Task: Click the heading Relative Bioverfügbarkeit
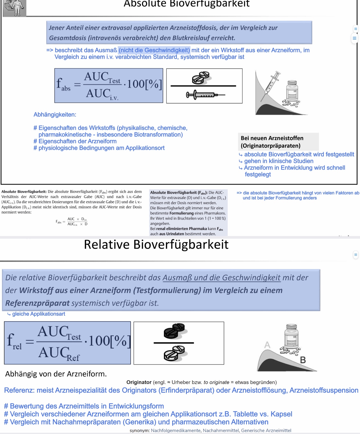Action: (x=156, y=244)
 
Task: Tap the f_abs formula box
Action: (x=108, y=86)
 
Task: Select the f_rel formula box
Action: (x=67, y=343)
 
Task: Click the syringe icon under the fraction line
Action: (x=205, y=95)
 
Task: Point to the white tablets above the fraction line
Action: (x=201, y=78)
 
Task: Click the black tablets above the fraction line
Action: (x=174, y=331)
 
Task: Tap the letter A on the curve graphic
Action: (x=267, y=345)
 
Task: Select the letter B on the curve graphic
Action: (x=303, y=360)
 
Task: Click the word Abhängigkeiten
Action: (x=55, y=115)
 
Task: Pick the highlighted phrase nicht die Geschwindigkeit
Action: (x=154, y=50)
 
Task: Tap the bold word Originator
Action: (x=139, y=382)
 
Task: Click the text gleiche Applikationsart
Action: (x=39, y=314)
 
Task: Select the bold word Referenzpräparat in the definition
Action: (x=37, y=303)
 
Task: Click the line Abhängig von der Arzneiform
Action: (x=56, y=374)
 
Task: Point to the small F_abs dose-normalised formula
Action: (x=72, y=221)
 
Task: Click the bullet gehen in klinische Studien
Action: (x=279, y=161)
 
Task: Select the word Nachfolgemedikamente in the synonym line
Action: (x=176, y=430)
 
